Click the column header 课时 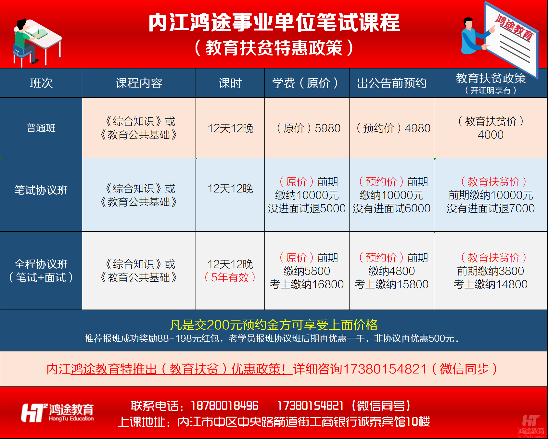click(x=230, y=83)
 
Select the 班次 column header click(x=41, y=83)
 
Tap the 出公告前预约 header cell click(x=391, y=83)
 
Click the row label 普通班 click(x=41, y=128)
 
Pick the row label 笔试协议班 click(x=41, y=190)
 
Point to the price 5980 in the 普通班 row click(x=327, y=128)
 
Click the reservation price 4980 click(x=417, y=128)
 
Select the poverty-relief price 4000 click(x=491, y=135)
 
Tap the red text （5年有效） click(x=230, y=277)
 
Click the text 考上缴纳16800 click(x=307, y=284)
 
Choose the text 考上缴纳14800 click(x=491, y=284)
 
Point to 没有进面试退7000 click(x=491, y=208)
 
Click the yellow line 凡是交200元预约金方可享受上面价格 click(x=274, y=325)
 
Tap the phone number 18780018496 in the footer click(x=224, y=406)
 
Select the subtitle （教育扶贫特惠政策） click(x=274, y=48)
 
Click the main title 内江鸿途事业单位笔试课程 click(x=274, y=23)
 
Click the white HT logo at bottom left click(x=33, y=413)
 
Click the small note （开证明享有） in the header click(x=491, y=91)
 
